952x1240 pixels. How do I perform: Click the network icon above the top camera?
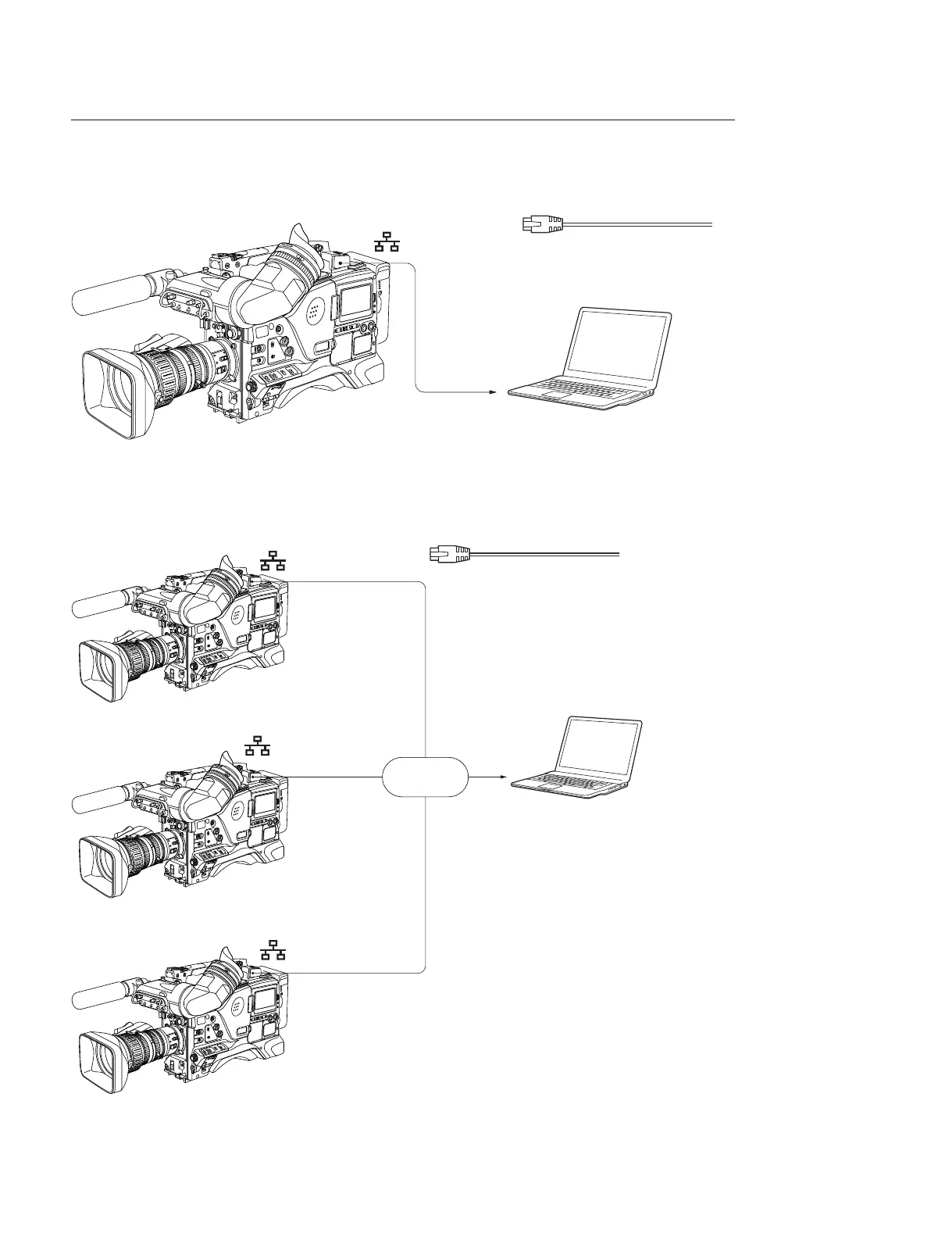[387, 242]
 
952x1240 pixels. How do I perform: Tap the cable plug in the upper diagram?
[543, 224]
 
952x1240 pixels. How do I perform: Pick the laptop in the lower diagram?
[578, 758]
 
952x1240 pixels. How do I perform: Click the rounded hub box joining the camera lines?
[426, 777]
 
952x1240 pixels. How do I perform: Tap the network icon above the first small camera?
[273, 559]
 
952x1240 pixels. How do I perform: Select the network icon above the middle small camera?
[257, 745]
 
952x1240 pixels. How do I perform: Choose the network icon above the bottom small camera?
[273, 950]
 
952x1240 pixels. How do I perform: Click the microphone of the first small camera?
[102, 605]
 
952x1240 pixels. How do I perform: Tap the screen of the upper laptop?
[616, 345]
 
